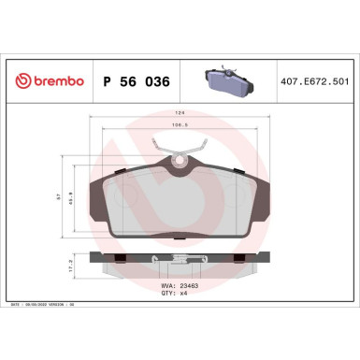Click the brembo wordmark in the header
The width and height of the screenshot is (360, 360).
point(54,82)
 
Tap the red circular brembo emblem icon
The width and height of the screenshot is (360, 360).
point(15,82)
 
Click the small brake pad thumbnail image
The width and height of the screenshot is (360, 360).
point(229,81)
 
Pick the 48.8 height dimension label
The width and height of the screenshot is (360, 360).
point(77,197)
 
